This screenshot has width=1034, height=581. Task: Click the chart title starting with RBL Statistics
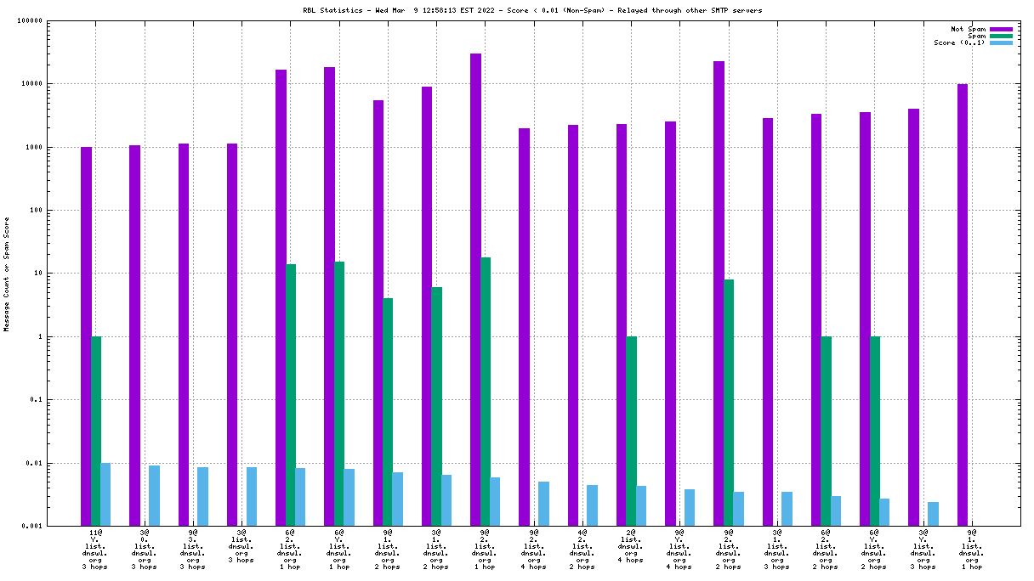tap(520, 10)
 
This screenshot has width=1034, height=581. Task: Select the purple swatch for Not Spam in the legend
tap(1002, 29)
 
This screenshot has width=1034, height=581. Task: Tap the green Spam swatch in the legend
tap(1002, 36)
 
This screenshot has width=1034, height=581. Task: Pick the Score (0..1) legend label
tap(959, 42)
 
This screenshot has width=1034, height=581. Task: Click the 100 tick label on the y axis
tap(59, 211)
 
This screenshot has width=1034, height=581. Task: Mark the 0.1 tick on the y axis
tap(59, 400)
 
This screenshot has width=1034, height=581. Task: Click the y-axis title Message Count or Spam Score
tap(7, 274)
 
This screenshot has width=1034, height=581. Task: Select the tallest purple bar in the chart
tap(476, 289)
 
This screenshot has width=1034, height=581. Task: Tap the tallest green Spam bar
tap(486, 391)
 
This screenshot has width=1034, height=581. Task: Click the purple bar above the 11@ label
tap(86, 336)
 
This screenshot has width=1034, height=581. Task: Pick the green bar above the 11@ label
tap(96, 431)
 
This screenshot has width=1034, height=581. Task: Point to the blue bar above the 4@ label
tap(592, 505)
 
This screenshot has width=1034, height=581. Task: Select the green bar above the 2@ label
tap(631, 431)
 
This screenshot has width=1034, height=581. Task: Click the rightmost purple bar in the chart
tap(963, 304)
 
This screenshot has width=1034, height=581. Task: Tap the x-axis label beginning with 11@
tap(95, 550)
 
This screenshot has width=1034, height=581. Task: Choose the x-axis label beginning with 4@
tap(582, 550)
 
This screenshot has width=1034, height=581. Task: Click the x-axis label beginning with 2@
tap(630, 550)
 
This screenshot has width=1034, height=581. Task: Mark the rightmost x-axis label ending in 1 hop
tap(971, 550)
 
